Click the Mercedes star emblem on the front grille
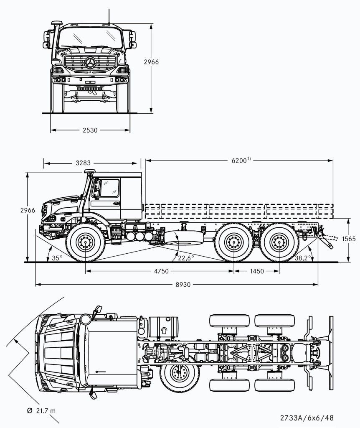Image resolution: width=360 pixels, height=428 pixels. pyautogui.click(x=90, y=64)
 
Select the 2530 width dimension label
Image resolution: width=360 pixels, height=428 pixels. pyautogui.click(x=90, y=130)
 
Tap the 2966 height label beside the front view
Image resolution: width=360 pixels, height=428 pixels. pyautogui.click(x=151, y=62)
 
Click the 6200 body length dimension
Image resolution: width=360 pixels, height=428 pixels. pyautogui.click(x=239, y=160)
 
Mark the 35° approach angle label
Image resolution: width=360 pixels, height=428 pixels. pyautogui.click(x=57, y=258)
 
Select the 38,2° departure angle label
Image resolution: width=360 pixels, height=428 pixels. pyautogui.click(x=304, y=258)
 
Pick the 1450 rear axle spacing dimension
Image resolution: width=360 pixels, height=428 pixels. pyautogui.click(x=256, y=271)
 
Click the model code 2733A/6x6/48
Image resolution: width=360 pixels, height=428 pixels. pyautogui.click(x=307, y=418)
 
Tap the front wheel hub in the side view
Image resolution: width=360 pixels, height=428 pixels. pyautogui.click(x=86, y=242)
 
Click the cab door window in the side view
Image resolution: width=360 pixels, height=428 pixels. pyautogui.click(x=109, y=188)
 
